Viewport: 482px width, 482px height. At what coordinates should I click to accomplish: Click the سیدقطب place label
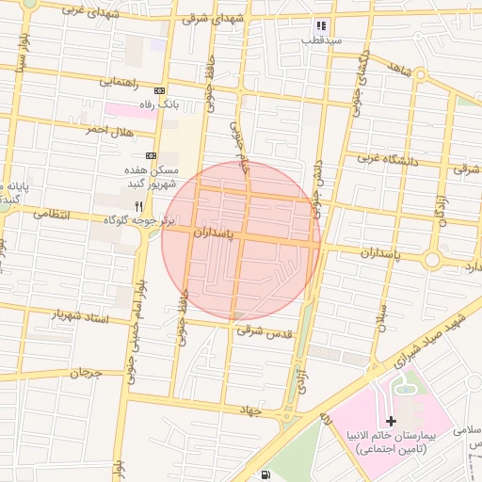[321, 41]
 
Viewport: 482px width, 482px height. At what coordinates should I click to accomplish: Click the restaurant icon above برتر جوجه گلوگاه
[138, 205]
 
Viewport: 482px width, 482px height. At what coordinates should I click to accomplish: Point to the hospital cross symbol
[392, 419]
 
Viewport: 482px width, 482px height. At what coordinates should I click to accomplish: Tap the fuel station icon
[266, 474]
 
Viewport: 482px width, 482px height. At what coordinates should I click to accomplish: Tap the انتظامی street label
[53, 214]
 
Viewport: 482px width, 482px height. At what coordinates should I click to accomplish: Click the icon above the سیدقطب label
[321, 26]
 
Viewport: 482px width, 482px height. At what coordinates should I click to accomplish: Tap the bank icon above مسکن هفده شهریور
[151, 155]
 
